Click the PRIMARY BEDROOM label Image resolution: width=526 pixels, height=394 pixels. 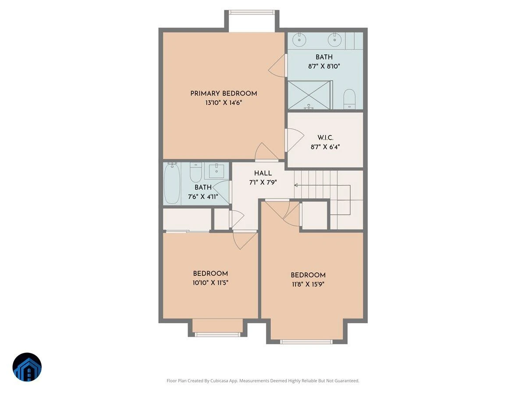(x=224, y=93)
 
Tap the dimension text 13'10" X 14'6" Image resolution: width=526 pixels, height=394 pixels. (x=224, y=102)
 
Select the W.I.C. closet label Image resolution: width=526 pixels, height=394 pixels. (x=325, y=137)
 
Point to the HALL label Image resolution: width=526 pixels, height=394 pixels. (x=263, y=173)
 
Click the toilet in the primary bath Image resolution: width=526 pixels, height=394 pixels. (x=349, y=99)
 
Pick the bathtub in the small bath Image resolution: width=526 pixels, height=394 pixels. (x=172, y=183)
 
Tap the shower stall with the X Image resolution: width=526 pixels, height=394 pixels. (x=309, y=95)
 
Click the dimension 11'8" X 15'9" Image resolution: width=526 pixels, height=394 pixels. (x=308, y=284)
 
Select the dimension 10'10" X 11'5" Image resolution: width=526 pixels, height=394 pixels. (x=210, y=283)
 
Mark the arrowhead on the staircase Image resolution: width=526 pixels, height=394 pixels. (x=296, y=185)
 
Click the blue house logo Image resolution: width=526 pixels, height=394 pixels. (x=27, y=367)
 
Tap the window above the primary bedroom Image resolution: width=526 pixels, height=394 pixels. (x=252, y=12)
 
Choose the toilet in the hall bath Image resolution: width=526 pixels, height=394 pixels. (x=196, y=172)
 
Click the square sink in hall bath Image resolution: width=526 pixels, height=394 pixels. (x=217, y=171)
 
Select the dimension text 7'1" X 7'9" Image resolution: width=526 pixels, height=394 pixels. (x=263, y=183)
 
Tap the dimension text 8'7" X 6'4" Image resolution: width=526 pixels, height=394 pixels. (x=325, y=147)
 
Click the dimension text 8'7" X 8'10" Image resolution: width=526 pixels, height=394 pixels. (x=324, y=66)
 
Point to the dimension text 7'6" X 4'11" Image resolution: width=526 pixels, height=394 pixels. (x=203, y=197)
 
